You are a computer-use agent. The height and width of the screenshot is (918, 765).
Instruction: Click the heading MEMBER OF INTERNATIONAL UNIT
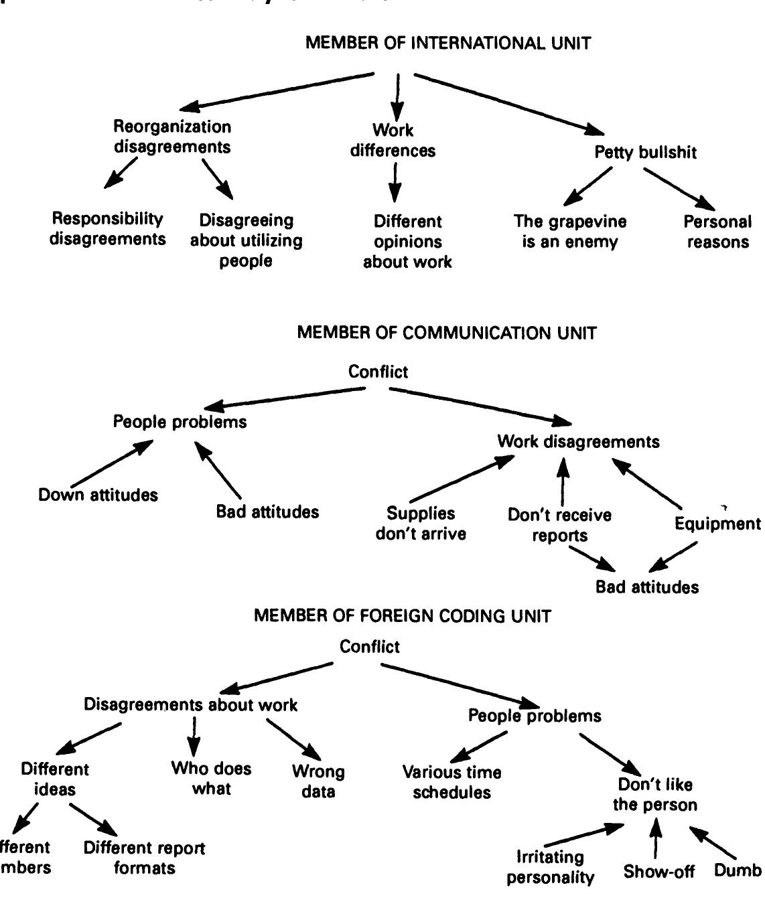coord(448,44)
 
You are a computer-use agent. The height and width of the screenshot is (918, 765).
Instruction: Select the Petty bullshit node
coord(645,153)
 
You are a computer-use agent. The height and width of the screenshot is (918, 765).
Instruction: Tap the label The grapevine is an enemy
coord(569,231)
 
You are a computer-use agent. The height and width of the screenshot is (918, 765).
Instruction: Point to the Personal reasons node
coord(717,232)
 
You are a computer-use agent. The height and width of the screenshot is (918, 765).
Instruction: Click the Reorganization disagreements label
coord(172,137)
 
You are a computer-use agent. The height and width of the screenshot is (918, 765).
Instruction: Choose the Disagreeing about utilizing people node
coord(246,240)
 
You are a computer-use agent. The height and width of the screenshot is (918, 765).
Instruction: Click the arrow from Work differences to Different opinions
coord(395,181)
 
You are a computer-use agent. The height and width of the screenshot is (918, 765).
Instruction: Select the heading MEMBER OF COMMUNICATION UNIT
coord(446,333)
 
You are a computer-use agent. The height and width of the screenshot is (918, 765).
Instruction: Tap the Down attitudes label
coord(98,495)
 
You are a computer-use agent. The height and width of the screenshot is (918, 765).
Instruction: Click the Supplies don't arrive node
coord(421,524)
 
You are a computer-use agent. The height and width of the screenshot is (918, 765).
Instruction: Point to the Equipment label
coord(717,524)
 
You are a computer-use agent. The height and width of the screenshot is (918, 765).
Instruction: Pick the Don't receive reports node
coord(559,525)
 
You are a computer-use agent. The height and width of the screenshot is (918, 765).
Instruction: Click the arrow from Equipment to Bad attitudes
coord(675,556)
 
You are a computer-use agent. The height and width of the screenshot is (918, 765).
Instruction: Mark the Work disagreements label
coord(578,442)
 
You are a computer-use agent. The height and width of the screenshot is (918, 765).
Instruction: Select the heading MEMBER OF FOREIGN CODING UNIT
coord(403,616)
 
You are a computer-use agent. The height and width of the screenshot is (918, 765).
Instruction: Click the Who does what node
coord(211,778)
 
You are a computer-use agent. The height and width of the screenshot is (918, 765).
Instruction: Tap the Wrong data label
coord(318,781)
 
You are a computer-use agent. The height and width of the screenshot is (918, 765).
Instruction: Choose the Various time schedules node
coord(451,782)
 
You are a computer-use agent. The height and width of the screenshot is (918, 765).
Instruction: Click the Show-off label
coord(658,872)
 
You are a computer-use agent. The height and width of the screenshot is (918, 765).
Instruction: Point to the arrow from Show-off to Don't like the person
coord(656,838)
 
